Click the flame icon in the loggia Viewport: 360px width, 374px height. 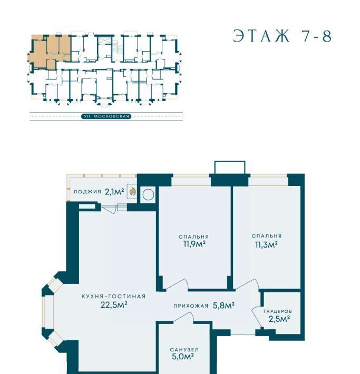133,191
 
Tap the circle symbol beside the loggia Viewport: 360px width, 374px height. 148,194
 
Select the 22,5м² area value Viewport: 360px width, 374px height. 114,305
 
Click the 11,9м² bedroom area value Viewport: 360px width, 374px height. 194,244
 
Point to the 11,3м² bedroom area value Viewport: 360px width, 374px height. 266,245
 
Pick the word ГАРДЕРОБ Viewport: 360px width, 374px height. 278,311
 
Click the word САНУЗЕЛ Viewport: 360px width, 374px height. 184,350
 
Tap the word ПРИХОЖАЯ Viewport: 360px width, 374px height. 191,306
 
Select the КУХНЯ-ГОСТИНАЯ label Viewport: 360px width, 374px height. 114,296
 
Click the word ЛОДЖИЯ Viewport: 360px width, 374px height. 87,192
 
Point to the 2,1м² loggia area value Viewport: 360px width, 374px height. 114,192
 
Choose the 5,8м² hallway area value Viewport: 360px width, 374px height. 223,306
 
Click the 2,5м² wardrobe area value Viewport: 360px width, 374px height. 279,319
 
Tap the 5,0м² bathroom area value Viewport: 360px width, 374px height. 182,357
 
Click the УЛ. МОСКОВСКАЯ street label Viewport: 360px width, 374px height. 106,116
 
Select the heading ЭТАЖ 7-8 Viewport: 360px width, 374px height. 283,36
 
